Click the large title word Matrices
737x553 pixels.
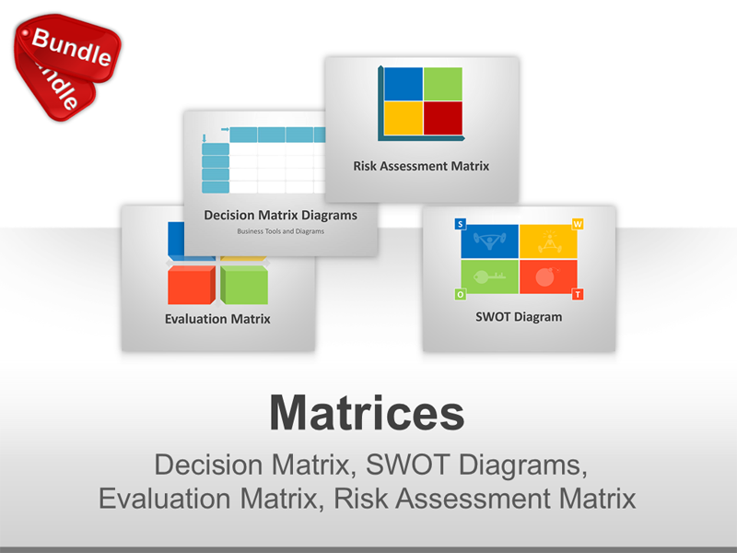pyautogui.click(x=367, y=414)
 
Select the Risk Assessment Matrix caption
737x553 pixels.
pyautogui.click(x=421, y=167)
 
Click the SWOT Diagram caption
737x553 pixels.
pyautogui.click(x=519, y=317)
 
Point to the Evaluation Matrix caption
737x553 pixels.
pyautogui.click(x=217, y=320)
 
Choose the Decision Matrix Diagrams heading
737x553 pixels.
pyautogui.click(x=280, y=216)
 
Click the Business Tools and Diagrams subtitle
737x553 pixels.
pyautogui.click(x=280, y=231)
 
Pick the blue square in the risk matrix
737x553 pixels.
pyautogui.click(x=404, y=83)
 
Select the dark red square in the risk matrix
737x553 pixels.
pyautogui.click(x=442, y=117)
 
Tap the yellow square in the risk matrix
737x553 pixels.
pyautogui.click(x=404, y=117)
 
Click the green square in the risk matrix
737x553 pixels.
pyautogui.click(x=442, y=83)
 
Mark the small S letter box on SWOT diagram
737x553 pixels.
pyautogui.click(x=460, y=224)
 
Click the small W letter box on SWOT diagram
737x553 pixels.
pyautogui.click(x=578, y=224)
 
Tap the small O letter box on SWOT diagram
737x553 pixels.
pyautogui.click(x=460, y=294)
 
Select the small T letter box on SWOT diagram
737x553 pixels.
pyautogui.click(x=578, y=294)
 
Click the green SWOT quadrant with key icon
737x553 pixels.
pyautogui.click(x=489, y=276)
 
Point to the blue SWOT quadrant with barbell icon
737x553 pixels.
pyautogui.click(x=489, y=241)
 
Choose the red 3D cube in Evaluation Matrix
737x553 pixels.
pyautogui.click(x=190, y=286)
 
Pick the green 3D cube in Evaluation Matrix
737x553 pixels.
pyautogui.click(x=244, y=286)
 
